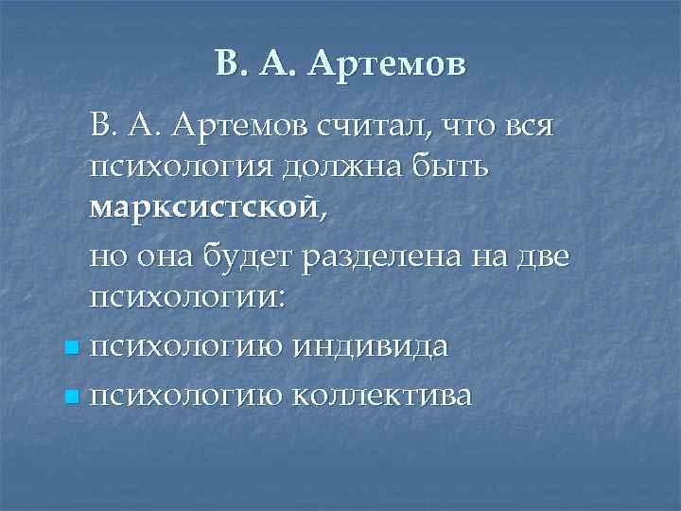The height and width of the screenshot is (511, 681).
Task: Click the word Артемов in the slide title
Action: coord(389,63)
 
